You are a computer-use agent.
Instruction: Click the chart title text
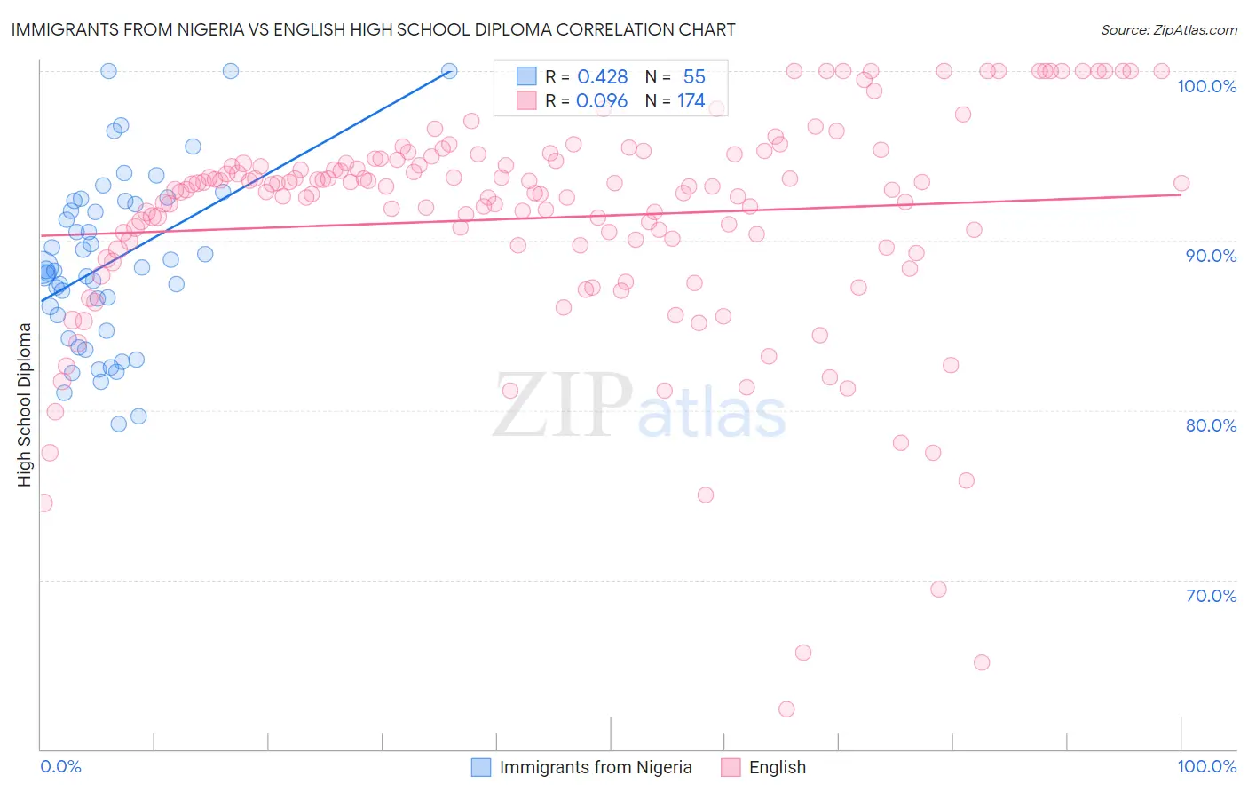click(374, 29)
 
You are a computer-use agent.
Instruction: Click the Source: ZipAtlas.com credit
click(1168, 30)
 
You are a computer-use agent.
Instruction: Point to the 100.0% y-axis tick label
click(1206, 86)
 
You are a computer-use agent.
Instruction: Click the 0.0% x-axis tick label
click(60, 766)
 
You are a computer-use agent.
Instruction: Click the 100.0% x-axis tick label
click(1206, 766)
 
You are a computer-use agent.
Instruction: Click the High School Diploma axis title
click(25, 404)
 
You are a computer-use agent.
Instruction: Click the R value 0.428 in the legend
click(602, 77)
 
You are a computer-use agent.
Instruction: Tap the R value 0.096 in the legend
click(602, 101)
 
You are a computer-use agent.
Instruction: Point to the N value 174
click(691, 101)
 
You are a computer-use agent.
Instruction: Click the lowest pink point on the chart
click(786, 709)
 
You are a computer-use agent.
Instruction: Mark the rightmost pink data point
click(1181, 184)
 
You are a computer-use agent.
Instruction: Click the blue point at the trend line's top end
click(449, 71)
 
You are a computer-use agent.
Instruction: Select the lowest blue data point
click(119, 424)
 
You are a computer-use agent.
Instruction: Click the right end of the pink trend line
click(1181, 194)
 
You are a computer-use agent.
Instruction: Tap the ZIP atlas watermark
click(639, 407)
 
